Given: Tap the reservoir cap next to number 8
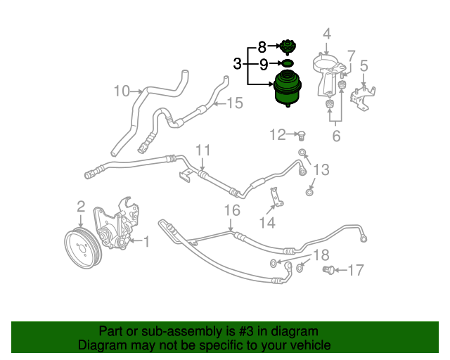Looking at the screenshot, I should click(x=285, y=49).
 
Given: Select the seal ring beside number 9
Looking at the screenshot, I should click(x=286, y=64).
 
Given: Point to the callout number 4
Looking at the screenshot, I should click(x=326, y=33).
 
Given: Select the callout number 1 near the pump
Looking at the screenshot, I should click(x=146, y=242).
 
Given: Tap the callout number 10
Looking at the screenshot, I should click(x=122, y=91).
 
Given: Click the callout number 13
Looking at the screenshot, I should click(x=321, y=169).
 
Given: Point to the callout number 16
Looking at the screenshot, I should click(x=232, y=210).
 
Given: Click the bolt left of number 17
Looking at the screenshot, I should click(x=328, y=270).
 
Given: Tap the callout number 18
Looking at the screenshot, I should click(x=321, y=255).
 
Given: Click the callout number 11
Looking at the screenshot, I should click(x=203, y=150).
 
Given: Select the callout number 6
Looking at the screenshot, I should click(x=336, y=136).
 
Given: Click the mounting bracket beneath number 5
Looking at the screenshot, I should click(x=364, y=99).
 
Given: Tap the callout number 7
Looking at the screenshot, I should click(x=351, y=56).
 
